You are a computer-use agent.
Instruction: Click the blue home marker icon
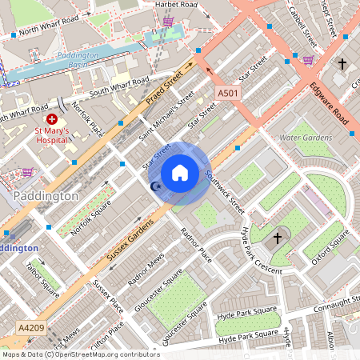click(x=180, y=173)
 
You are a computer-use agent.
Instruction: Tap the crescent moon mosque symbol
click(x=155, y=186)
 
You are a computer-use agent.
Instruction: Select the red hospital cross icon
click(x=52, y=118)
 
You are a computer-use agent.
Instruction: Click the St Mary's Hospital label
click(x=51, y=136)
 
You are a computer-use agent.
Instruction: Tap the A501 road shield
click(x=228, y=94)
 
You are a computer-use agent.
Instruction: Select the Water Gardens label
click(x=306, y=137)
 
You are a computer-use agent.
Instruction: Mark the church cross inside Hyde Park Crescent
click(x=278, y=238)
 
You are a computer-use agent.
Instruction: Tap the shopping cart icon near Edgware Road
click(x=308, y=59)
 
